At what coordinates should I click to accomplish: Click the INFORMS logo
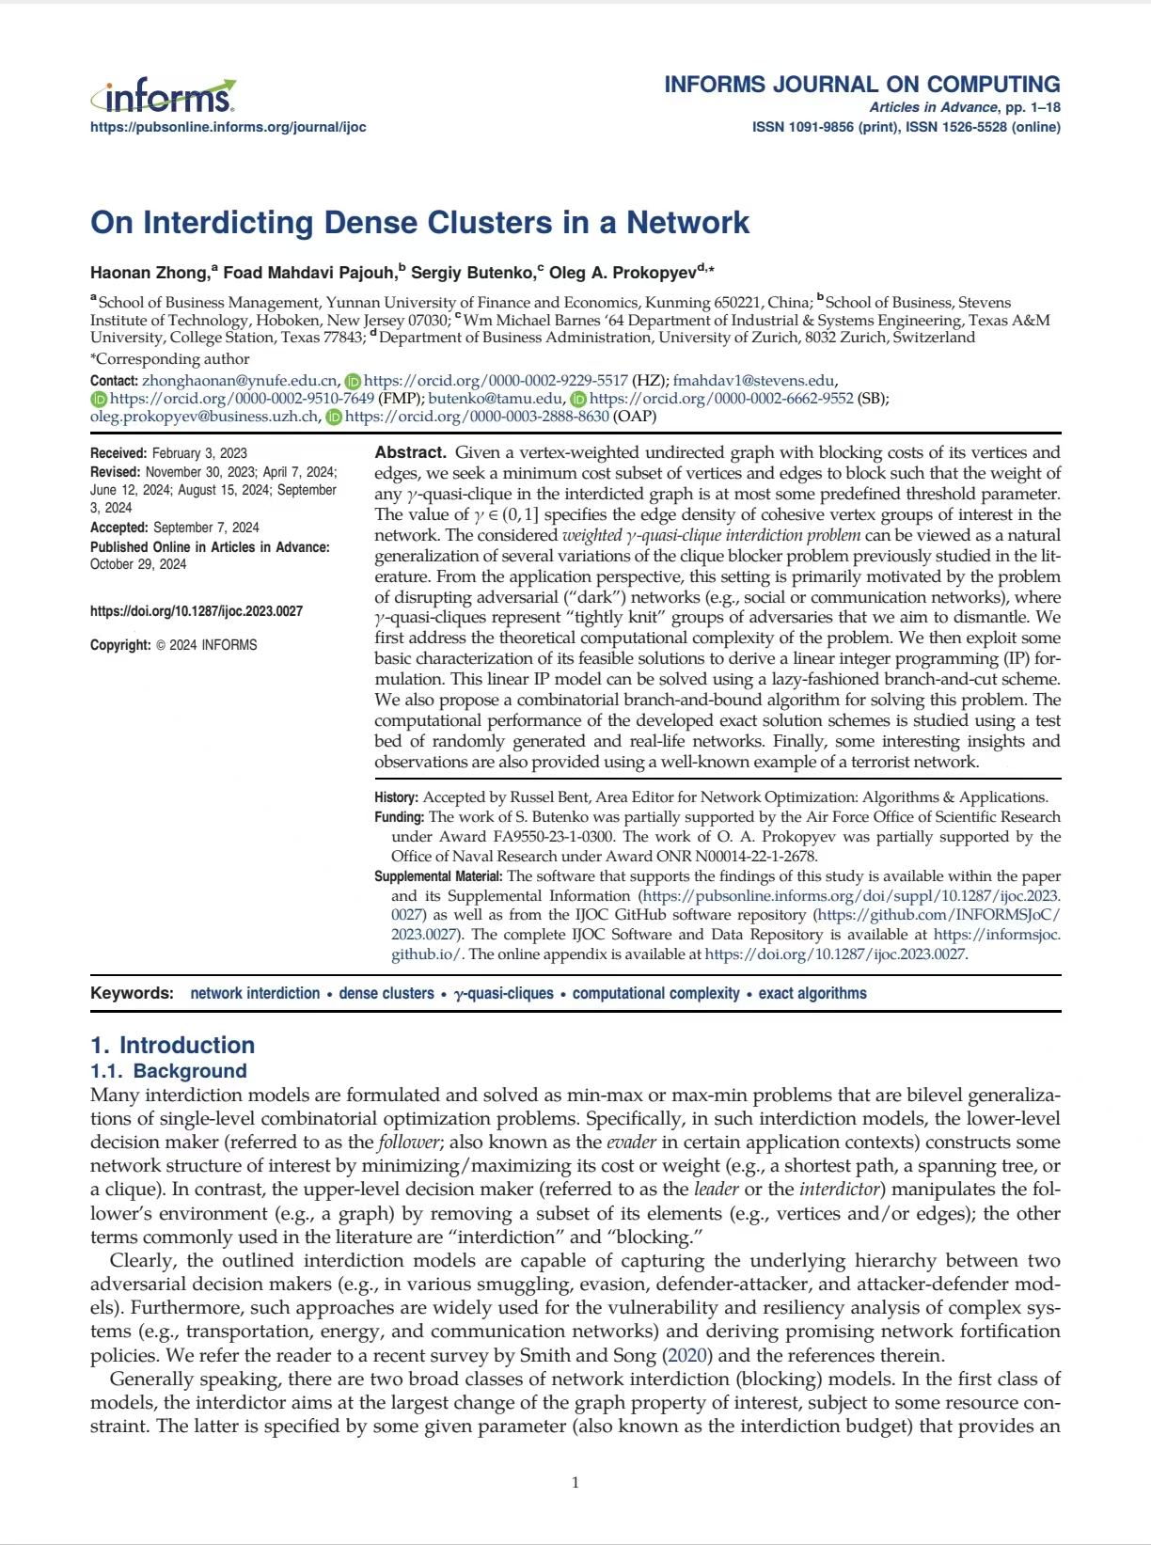164,96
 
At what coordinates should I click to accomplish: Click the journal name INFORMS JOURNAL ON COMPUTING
861,84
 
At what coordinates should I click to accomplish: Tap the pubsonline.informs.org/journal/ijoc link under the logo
228,127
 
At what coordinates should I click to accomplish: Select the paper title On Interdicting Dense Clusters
419,223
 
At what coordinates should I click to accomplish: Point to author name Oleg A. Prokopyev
623,273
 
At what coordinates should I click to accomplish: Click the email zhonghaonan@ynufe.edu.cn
240,381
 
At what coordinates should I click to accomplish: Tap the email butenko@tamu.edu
496,399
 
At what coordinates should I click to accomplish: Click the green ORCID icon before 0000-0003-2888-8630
334,417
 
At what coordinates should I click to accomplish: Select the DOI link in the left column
197,611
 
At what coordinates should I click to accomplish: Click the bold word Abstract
410,452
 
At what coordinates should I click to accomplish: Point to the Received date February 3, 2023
199,453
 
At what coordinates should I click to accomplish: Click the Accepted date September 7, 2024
206,528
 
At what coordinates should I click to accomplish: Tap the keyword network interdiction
255,993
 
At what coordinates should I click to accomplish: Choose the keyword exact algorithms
812,993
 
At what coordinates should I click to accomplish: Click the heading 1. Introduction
172,1045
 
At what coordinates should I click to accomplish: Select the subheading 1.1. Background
168,1071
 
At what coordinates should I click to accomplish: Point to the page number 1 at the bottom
575,1483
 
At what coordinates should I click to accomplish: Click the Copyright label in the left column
120,645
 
